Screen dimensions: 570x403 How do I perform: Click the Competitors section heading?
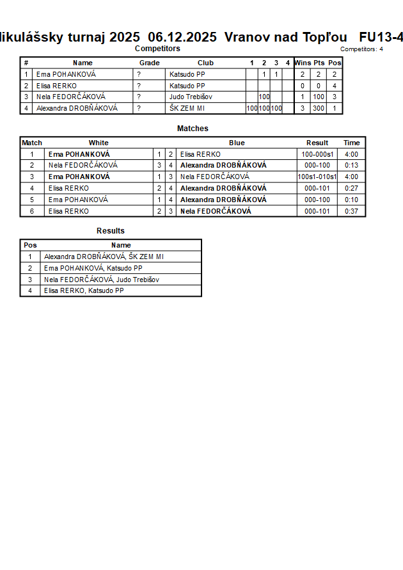(157, 49)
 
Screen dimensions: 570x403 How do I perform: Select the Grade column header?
(149, 63)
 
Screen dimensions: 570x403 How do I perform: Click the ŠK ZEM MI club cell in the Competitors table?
(187, 108)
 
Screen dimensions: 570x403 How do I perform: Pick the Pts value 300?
(319, 108)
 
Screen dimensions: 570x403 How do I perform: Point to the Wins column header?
(303, 63)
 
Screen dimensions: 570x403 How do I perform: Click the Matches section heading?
(193, 129)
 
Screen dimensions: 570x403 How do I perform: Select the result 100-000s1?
(317, 154)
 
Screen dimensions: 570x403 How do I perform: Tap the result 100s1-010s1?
(317, 177)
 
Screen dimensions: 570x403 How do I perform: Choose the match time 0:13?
(351, 165)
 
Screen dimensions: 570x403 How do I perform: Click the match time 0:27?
(351, 188)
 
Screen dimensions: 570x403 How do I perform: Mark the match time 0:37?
(351, 211)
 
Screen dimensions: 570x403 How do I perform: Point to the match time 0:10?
(351, 200)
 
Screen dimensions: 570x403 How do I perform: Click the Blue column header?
(237, 143)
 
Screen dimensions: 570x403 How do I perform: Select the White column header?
(99, 143)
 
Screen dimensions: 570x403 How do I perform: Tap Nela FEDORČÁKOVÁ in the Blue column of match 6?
(216, 211)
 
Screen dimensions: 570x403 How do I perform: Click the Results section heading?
(111, 231)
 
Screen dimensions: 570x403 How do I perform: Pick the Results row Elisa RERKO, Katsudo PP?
(84, 290)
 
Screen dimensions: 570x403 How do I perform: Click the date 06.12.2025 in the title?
(182, 37)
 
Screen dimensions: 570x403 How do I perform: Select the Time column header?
(351, 143)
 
